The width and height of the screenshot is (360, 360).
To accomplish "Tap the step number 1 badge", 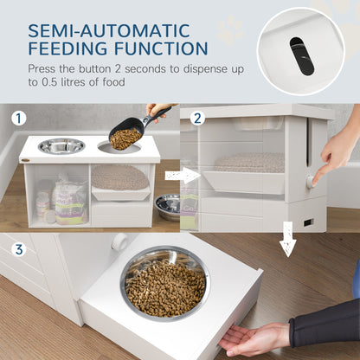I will click(18, 119).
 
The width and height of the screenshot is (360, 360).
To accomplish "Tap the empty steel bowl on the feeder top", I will click(61, 145).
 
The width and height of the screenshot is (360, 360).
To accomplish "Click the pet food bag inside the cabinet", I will click(68, 201).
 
